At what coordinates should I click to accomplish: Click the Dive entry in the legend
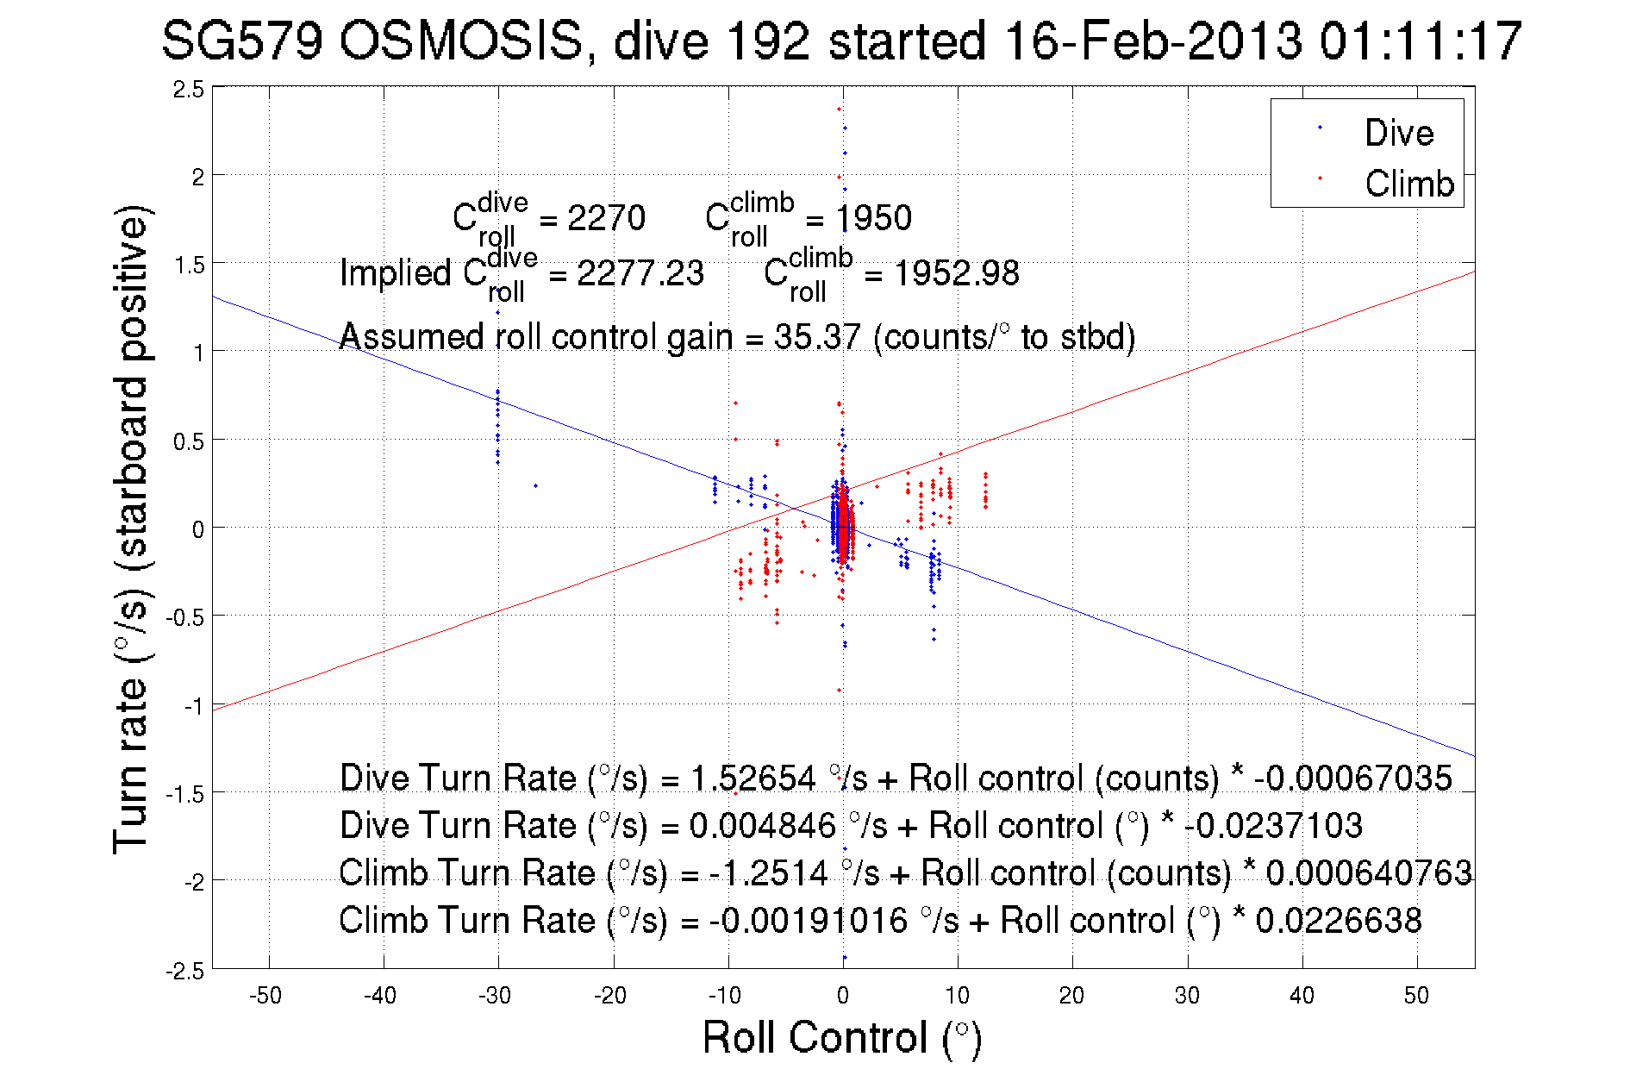(x=1398, y=133)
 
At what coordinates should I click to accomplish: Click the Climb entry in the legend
(x=1408, y=184)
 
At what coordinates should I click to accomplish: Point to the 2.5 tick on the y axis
(x=189, y=89)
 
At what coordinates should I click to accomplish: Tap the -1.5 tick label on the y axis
(x=185, y=794)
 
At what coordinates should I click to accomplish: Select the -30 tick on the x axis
(x=495, y=996)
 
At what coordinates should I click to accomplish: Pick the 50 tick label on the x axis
(x=1416, y=996)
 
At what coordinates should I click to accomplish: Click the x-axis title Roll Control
(x=841, y=1037)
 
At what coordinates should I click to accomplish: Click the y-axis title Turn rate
(x=131, y=528)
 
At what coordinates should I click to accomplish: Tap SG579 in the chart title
(x=242, y=41)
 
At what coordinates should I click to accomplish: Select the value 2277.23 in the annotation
(x=640, y=273)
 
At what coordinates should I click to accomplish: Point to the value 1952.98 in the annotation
(x=956, y=273)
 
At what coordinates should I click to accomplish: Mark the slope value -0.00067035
(x=1352, y=778)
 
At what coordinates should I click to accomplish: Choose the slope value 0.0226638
(x=1339, y=920)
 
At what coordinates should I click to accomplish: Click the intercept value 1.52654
(x=753, y=778)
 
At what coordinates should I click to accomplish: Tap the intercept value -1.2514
(x=769, y=872)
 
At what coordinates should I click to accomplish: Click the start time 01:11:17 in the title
(x=1420, y=41)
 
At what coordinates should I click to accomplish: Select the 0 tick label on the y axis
(x=198, y=529)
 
